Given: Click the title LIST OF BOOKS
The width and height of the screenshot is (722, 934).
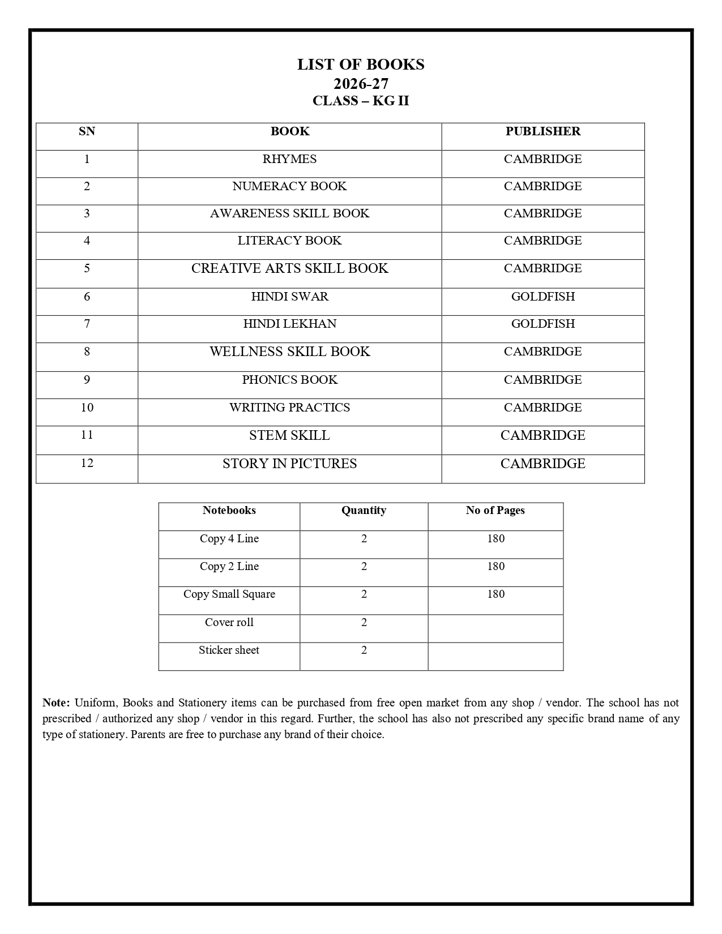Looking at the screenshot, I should (x=361, y=65).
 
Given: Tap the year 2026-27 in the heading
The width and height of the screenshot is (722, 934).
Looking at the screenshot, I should (x=361, y=84).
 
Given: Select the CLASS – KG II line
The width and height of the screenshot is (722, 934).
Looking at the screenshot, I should (x=361, y=101).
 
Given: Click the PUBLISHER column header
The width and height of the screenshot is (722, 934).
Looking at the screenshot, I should (x=542, y=131).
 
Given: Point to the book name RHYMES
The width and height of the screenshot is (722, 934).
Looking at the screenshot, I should (x=289, y=159).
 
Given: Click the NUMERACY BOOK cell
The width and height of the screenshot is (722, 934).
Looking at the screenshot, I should (x=289, y=186).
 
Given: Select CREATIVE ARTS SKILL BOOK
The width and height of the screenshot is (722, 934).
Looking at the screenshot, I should (x=289, y=268).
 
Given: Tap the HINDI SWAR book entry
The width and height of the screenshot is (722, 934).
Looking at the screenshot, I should (x=289, y=297).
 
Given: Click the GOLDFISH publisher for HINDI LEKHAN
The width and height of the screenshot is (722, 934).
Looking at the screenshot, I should (x=542, y=324).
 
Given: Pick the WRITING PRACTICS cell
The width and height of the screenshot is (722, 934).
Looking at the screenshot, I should (x=289, y=408).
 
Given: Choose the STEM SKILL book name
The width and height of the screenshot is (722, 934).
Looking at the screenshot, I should (x=289, y=435).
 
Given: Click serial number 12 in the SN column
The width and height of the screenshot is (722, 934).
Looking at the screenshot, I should (x=87, y=463).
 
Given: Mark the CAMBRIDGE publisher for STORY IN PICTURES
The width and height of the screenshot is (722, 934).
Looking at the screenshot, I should (x=542, y=464).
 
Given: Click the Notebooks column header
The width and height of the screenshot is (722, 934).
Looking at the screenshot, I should (x=229, y=510).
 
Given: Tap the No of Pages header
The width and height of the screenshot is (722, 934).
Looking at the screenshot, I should (x=495, y=510).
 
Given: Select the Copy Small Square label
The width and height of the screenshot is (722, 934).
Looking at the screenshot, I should (x=229, y=594).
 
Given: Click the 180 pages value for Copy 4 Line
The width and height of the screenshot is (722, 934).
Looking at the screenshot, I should (x=495, y=538).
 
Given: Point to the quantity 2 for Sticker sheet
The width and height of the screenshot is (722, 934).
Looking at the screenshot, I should (x=364, y=650).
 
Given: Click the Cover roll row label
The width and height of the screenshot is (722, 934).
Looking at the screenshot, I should (x=229, y=622).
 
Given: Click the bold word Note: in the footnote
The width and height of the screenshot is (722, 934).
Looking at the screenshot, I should (x=56, y=702).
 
